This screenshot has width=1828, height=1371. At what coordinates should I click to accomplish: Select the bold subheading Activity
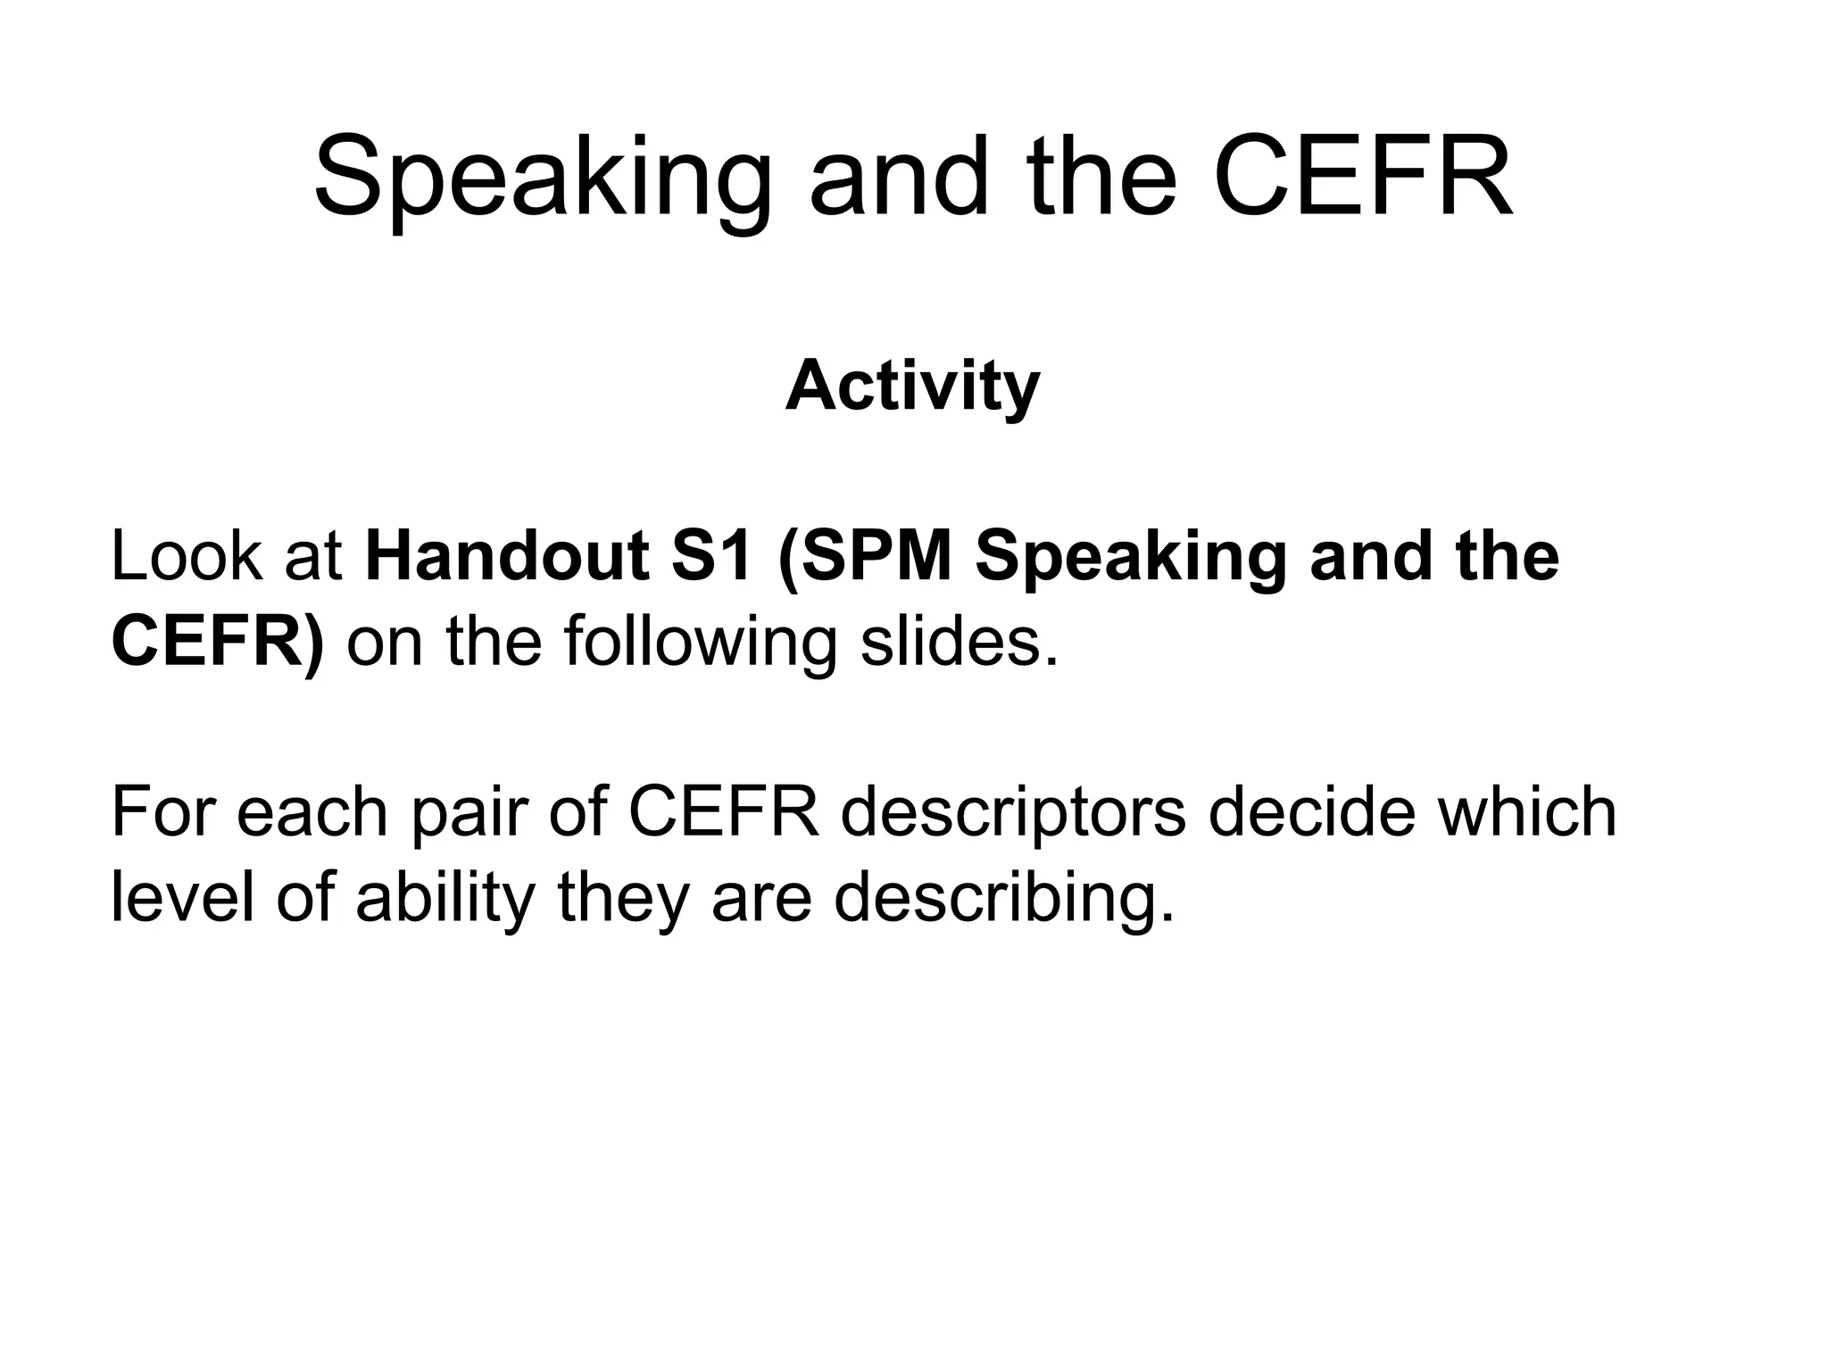tap(912, 386)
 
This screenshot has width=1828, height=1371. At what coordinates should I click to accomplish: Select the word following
tap(701, 643)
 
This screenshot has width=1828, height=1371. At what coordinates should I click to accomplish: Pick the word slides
tap(960, 643)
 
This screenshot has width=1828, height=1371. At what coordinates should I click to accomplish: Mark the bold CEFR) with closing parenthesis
tap(217, 643)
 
